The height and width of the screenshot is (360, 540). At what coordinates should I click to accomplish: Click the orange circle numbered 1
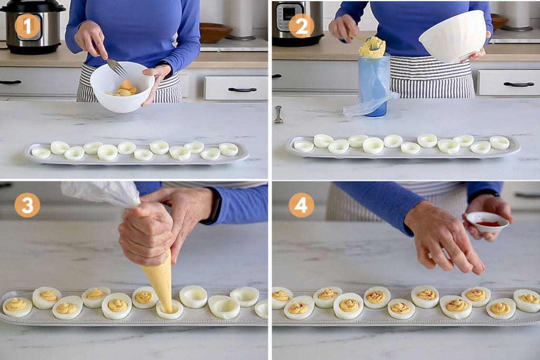click(27, 26)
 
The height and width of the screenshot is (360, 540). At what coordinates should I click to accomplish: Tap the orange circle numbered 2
click(301, 26)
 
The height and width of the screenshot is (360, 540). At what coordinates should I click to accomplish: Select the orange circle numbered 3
click(27, 205)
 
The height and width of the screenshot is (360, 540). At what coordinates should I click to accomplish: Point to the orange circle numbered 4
click(301, 205)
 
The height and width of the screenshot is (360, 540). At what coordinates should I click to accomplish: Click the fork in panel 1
click(115, 66)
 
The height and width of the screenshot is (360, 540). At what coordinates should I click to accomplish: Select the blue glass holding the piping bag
click(374, 84)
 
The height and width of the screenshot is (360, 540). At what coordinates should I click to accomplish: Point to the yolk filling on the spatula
click(373, 47)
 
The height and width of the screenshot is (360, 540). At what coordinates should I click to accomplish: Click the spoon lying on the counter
click(278, 114)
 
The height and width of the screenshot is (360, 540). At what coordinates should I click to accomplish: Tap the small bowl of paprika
click(488, 222)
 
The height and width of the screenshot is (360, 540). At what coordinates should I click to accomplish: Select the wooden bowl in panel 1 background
click(215, 32)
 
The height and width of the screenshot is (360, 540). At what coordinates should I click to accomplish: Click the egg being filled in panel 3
click(170, 309)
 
